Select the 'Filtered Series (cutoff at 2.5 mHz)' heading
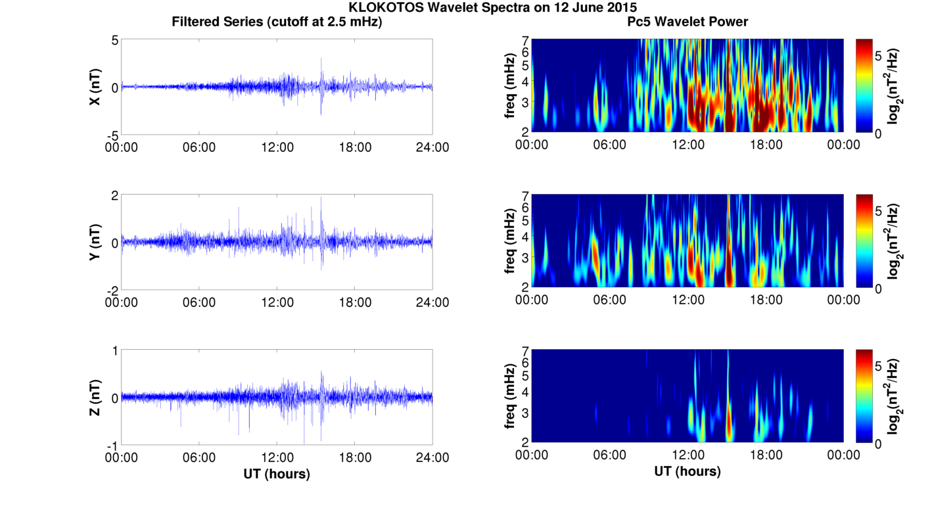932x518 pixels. click(277, 22)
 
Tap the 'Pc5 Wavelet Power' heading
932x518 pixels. click(687, 22)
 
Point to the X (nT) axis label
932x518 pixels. click(95, 87)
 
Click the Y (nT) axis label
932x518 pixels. click(95, 242)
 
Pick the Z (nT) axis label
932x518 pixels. click(95, 397)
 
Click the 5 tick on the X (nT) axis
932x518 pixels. click(115, 40)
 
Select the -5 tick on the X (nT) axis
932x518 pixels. click(112, 135)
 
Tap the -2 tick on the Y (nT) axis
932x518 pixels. click(112, 291)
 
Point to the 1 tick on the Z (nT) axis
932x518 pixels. click(115, 351)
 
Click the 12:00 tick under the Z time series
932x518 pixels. click(277, 458)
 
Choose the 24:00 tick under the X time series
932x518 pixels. click(432, 147)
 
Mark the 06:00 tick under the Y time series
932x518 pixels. click(199, 302)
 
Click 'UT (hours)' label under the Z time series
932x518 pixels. click(277, 474)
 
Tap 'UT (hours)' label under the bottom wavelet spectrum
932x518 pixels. click(687, 471)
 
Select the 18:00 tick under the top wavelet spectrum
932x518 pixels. click(766, 145)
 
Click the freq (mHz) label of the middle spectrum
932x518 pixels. click(510, 241)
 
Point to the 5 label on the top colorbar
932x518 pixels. click(878, 56)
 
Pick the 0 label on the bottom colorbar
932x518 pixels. click(878, 444)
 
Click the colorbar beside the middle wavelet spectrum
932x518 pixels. click(864, 241)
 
